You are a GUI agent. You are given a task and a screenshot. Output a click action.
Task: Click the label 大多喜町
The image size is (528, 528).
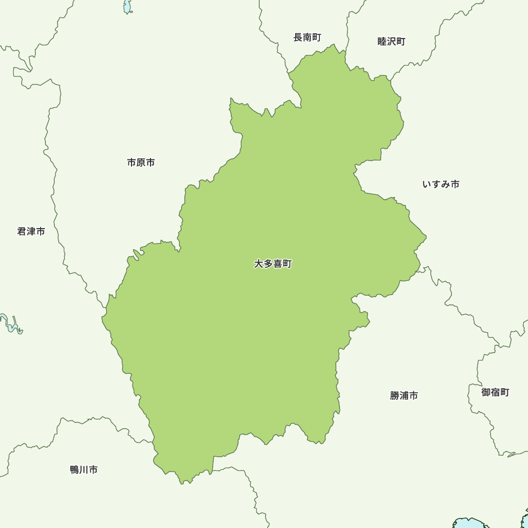coord(272,264)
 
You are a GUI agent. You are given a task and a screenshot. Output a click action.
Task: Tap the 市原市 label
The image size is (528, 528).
coord(141,163)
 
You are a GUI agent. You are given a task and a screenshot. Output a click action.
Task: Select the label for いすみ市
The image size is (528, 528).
coord(441,184)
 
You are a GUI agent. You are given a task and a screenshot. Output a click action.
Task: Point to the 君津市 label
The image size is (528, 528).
coord(31,231)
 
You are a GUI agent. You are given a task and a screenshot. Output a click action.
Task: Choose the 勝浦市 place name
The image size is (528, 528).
coord(404,395)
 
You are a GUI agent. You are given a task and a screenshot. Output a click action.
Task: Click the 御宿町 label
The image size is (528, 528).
coord(495,392)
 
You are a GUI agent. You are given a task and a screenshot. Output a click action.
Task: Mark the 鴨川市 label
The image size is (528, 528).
coord(84,469)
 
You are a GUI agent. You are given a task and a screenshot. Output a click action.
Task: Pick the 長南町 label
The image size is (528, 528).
coord(307,37)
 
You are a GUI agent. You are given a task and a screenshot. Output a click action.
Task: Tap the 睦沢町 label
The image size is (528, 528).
coord(392,42)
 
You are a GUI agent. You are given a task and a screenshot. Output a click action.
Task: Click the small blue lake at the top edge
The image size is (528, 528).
coord(127,6)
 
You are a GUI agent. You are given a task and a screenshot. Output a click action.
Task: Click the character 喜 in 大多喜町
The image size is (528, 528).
coord(277,264)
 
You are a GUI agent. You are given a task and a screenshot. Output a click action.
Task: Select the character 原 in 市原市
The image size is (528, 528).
coord(141,163)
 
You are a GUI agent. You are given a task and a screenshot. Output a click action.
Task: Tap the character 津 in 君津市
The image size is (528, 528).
coord(31,231)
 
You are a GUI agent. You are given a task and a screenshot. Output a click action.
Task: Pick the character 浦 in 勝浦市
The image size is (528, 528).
coord(404,395)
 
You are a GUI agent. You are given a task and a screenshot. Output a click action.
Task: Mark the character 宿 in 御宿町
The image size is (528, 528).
coord(495,392)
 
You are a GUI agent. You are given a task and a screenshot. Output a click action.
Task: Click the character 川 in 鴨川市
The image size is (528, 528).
coord(84,469)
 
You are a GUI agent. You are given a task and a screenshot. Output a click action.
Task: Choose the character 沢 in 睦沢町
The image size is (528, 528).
coord(392,42)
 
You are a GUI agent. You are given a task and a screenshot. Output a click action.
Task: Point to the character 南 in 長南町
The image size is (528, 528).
coord(307,37)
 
